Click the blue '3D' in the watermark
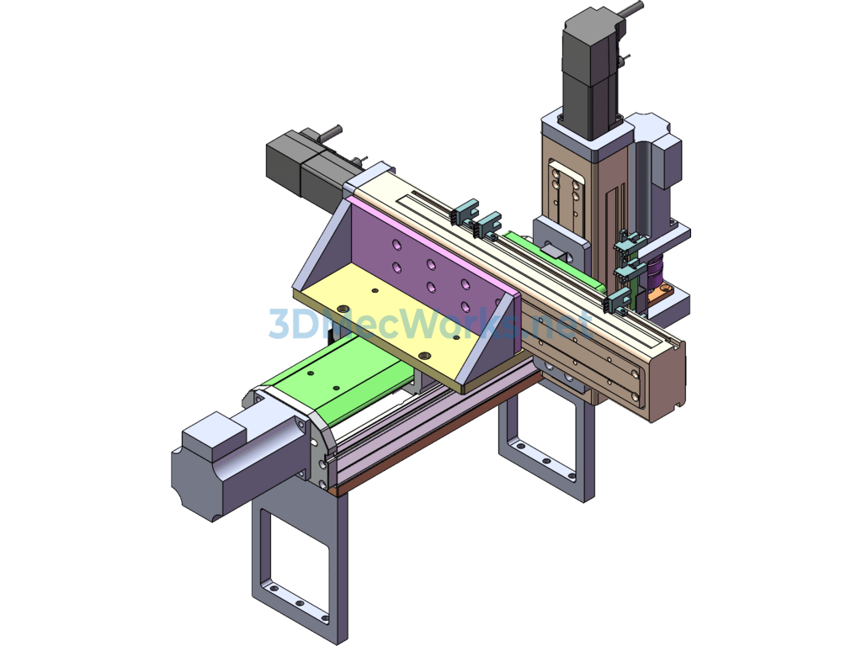[x=287, y=324]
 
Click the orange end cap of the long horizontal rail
[x=665, y=379]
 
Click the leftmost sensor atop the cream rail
[x=463, y=213]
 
